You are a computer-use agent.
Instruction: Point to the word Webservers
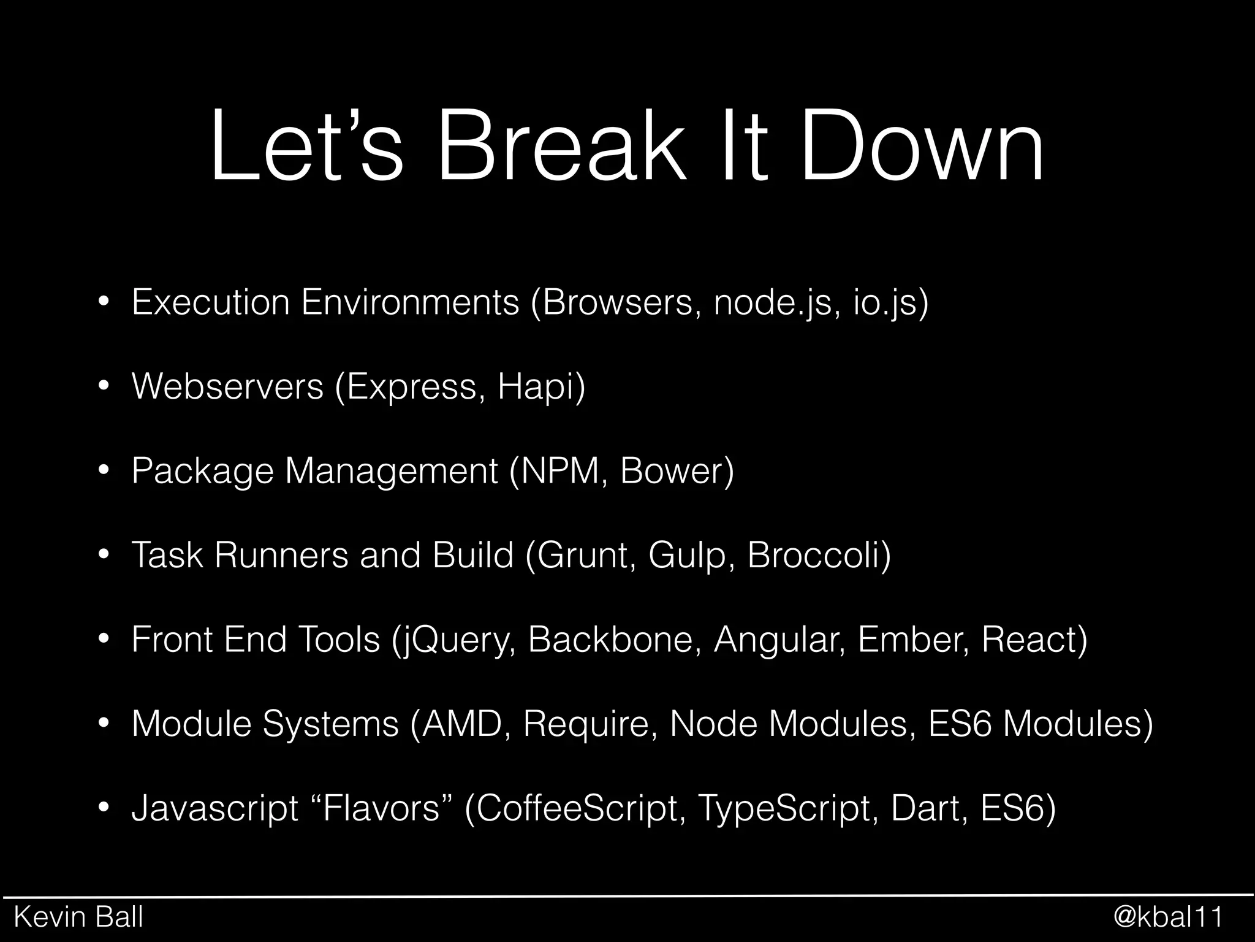tap(227, 386)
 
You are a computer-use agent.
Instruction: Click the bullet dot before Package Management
tap(104, 471)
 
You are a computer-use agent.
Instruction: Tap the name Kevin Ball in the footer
tap(78, 917)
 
